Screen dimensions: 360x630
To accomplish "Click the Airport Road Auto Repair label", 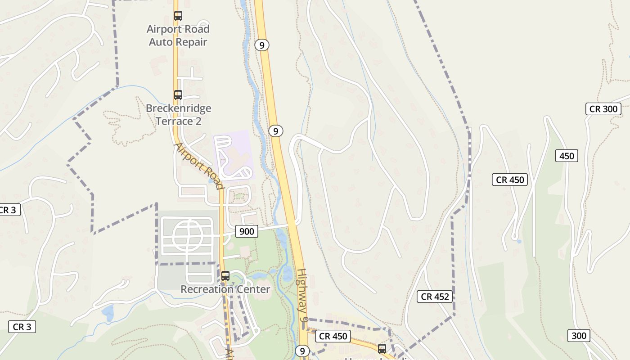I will point(178,36).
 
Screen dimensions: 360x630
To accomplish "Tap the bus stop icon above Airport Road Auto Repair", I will point(178,16).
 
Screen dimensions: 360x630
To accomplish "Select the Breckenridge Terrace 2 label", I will point(178,115).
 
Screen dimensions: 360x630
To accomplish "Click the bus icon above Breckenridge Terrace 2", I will point(178,95).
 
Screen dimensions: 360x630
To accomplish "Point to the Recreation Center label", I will point(225,289).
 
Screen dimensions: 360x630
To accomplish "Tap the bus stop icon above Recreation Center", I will point(225,276).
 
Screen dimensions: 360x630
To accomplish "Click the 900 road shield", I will point(247,231).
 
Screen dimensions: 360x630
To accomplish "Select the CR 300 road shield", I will point(603,109).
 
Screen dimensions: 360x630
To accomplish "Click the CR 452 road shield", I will point(435,297).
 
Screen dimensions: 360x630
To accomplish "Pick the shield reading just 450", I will point(567,156).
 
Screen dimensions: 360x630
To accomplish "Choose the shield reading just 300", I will point(579,336).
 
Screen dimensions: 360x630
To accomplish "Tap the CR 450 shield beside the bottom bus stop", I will point(333,336).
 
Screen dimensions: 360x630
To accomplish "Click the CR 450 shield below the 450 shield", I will point(510,180).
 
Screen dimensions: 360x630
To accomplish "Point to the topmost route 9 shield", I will point(262,45).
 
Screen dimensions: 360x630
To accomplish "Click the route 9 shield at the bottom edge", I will point(302,351).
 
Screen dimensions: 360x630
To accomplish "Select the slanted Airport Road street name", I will point(199,166).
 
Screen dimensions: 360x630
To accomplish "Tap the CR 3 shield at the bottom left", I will point(22,327).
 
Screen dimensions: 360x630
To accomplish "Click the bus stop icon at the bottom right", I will point(382,348).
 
